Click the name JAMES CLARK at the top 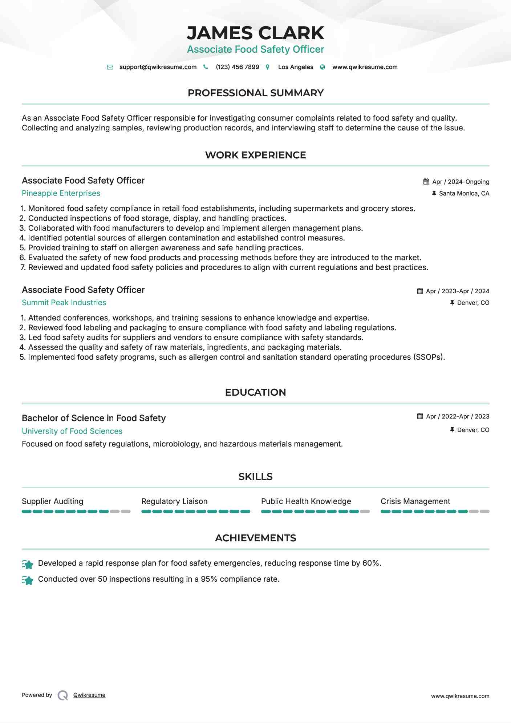coord(255,33)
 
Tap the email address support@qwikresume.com coord(158,67)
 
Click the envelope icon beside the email coord(110,67)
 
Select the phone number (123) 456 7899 coord(237,67)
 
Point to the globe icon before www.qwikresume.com coord(323,67)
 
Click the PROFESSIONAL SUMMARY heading coord(255,93)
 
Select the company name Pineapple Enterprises coord(61,193)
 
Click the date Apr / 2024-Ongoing coord(461,182)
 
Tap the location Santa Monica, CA coord(464,193)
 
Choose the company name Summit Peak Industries coord(64,303)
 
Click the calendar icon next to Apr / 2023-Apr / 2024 coord(420,291)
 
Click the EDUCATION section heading coord(255,392)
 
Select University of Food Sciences coord(72,431)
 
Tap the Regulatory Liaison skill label coord(174,501)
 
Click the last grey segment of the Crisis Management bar coord(484,512)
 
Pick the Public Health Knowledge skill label coord(306,501)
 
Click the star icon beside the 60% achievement coord(28,564)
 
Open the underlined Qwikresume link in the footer coord(89,695)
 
